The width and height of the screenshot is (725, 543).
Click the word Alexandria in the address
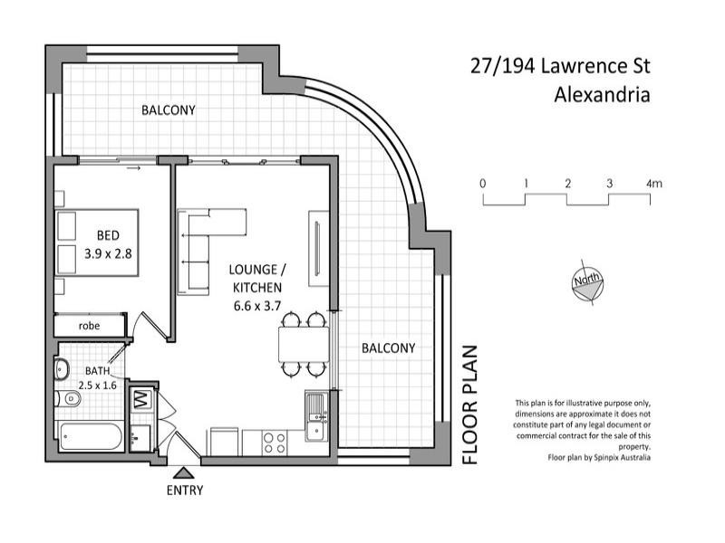(601, 94)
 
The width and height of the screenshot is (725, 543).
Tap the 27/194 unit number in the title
(501, 66)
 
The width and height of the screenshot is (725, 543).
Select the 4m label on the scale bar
(654, 184)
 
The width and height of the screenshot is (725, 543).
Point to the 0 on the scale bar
(483, 184)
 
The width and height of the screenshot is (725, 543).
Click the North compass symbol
(584, 282)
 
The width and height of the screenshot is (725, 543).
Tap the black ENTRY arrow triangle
(184, 472)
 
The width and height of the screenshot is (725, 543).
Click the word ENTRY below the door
(184, 491)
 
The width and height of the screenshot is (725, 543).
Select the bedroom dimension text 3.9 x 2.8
(108, 254)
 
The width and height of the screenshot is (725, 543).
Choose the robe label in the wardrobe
(89, 325)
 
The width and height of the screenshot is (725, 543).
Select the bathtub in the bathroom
(89, 437)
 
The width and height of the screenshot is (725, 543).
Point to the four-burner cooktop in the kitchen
(275, 442)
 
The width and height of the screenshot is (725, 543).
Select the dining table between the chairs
(302, 344)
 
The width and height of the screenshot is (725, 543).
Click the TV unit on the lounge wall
(318, 249)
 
